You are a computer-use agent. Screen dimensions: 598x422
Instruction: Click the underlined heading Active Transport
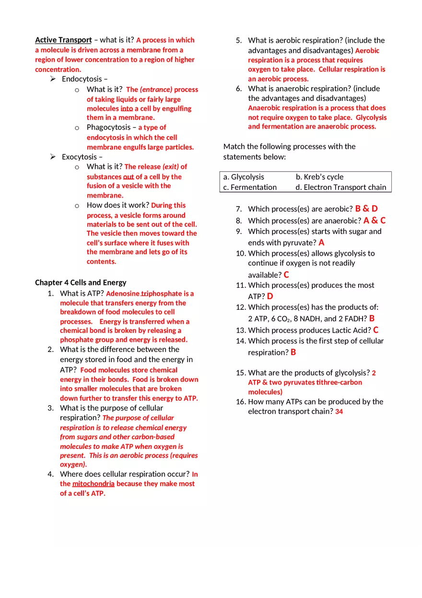[x=63, y=40]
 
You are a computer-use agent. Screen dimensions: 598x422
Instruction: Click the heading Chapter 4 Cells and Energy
[x=81, y=282]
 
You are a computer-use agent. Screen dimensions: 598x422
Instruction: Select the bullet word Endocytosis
[x=82, y=79]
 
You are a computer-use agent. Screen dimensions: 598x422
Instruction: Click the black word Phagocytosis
[x=108, y=128]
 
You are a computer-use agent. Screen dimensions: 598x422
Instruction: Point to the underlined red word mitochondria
[x=94, y=484]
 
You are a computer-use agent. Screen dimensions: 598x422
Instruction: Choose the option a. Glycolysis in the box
[x=244, y=177]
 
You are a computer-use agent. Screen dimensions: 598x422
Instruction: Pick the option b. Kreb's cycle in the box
[x=319, y=177]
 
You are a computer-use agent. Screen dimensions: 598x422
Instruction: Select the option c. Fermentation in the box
[x=250, y=188]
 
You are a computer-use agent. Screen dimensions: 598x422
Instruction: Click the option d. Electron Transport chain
[x=340, y=188]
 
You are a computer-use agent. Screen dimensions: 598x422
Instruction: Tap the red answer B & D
[x=366, y=209]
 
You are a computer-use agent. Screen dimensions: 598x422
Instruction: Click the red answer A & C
[x=375, y=221]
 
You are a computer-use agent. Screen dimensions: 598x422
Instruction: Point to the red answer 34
[x=339, y=412]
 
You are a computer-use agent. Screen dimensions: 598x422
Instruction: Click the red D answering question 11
[x=270, y=296]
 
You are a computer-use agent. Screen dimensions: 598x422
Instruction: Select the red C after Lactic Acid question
[x=376, y=330]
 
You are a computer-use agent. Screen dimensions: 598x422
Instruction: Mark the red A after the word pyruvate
[x=321, y=243]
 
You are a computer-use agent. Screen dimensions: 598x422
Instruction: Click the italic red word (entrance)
[x=156, y=90]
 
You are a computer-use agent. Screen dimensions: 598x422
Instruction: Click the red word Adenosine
[x=123, y=293]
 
